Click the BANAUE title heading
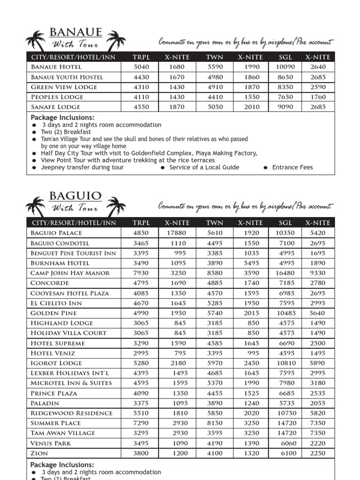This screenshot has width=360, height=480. [75, 32]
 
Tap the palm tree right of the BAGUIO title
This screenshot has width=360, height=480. [116, 205]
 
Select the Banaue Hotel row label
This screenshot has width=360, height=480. [56, 67]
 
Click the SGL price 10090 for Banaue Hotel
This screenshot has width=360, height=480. [285, 67]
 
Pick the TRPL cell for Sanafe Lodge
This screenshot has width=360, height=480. [141, 107]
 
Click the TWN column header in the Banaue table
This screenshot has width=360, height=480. [215, 57]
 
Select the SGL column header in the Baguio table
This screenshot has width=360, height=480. [285, 223]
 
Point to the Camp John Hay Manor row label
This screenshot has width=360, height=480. [70, 273]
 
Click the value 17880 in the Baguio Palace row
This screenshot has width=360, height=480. [177, 233]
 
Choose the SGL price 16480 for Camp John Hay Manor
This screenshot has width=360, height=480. [285, 273]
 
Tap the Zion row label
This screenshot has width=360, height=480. [39, 453]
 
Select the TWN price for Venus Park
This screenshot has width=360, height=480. [215, 443]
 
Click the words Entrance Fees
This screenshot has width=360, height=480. [292, 167]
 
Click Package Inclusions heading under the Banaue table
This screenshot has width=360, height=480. [62, 118]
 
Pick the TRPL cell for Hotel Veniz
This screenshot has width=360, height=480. [141, 353]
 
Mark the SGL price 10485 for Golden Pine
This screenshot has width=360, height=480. [285, 313]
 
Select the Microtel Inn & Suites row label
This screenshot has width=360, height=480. [71, 383]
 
